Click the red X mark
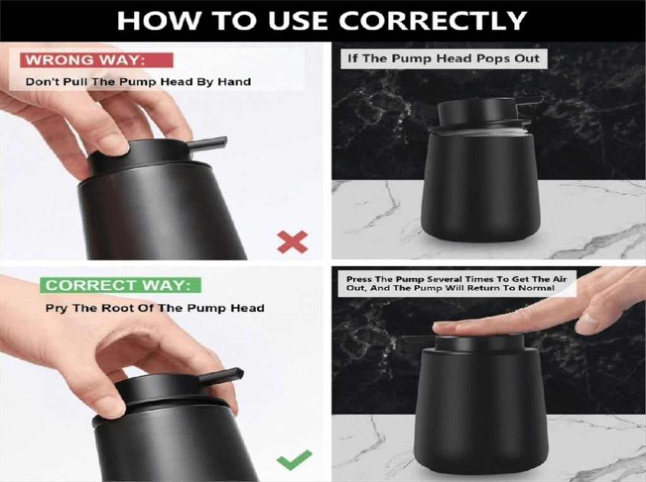293,242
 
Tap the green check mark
294,460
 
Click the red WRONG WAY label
97,60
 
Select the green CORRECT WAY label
120,285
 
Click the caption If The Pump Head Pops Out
443,59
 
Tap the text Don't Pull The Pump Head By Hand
138,81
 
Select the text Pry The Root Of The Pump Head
155,308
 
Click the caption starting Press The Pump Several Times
456,283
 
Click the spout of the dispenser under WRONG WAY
208,143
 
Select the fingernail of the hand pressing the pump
588,320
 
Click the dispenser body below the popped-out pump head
481,185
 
